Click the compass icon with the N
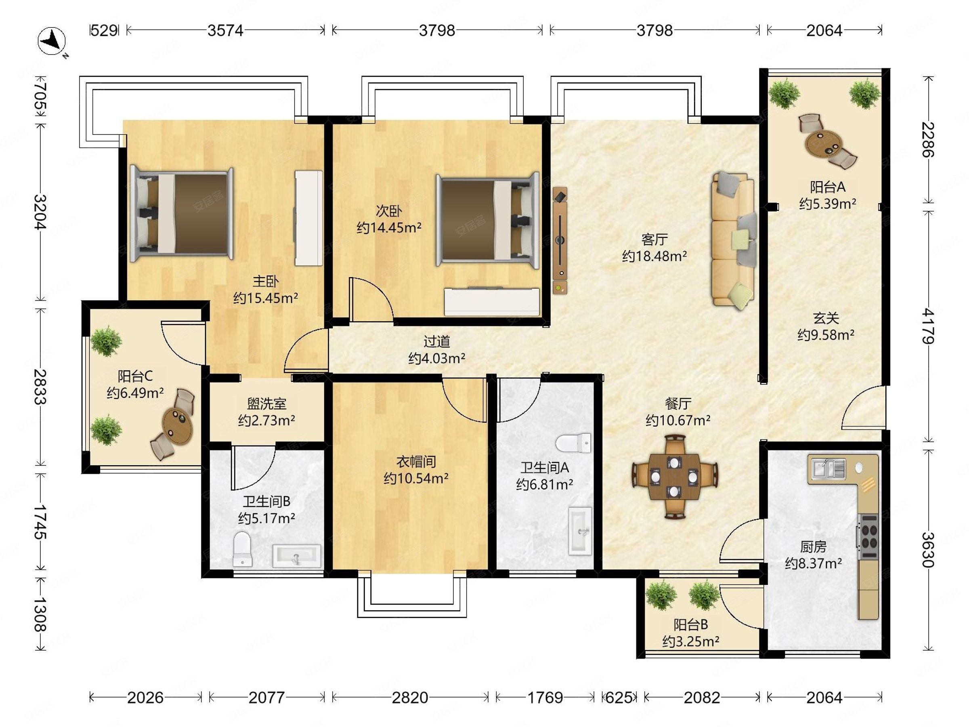pos(52,42)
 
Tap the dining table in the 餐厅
pos(675,477)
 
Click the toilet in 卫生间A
pos(573,443)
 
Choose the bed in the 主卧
pos(181,213)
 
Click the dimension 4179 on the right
pos(928,326)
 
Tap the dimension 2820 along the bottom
pos(409,697)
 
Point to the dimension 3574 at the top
pos(225,30)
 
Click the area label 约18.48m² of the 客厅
pos(654,256)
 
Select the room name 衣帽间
pos(416,461)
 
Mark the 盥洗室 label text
pos(266,403)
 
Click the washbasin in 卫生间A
pos(580,532)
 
